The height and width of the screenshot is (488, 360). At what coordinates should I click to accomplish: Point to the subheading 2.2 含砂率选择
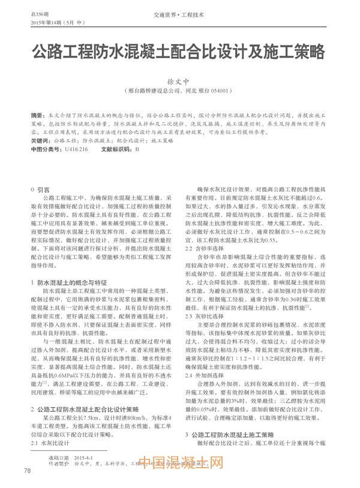pyautogui.click(x=205, y=248)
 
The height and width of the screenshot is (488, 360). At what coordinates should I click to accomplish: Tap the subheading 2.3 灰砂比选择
pyautogui.click(x=205, y=315)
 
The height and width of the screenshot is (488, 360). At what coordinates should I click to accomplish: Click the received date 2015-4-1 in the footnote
pyautogui.click(x=87, y=457)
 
